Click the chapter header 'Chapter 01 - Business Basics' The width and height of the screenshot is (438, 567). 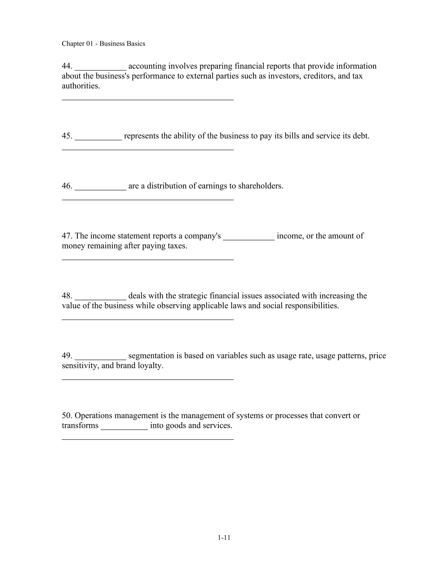103,44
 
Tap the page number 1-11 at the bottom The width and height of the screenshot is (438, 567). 224,537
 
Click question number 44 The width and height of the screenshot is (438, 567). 67,66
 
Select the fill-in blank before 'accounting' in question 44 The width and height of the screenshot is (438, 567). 101,68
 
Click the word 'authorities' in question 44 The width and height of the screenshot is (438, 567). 80,86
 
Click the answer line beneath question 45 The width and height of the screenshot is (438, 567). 148,150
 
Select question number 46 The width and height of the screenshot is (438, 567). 67,186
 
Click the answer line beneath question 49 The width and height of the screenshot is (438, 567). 148,380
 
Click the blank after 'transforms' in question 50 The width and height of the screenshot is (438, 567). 124,427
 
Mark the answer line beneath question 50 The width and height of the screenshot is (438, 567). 148,439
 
